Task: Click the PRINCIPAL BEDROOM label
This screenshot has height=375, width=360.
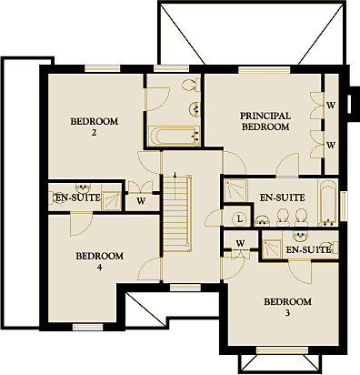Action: [x=265, y=121]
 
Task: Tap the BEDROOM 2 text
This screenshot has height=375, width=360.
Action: [x=95, y=127]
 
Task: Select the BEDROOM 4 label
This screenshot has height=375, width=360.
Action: [x=99, y=261]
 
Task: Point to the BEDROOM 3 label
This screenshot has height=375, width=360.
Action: [x=287, y=307]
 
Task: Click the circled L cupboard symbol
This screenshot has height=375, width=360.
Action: [x=240, y=218]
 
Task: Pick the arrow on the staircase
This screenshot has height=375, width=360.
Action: [x=175, y=187]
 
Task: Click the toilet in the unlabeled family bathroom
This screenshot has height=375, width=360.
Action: [x=192, y=85]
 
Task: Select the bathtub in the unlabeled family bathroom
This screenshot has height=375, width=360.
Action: [x=175, y=137]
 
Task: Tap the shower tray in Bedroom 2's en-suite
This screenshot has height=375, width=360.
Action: [x=112, y=201]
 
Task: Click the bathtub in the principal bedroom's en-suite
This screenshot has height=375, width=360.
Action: [x=327, y=203]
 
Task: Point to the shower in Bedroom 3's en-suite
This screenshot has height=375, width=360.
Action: [x=272, y=248]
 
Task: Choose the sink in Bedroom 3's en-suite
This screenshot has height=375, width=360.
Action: [x=300, y=235]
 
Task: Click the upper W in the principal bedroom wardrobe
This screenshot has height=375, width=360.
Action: [x=331, y=106]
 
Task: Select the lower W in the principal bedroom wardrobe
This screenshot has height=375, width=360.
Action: [x=331, y=146]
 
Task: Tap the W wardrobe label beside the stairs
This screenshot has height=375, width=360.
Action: [x=141, y=200]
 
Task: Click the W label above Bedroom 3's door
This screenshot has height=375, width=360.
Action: [x=240, y=243]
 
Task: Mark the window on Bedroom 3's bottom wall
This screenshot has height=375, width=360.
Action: [x=282, y=350]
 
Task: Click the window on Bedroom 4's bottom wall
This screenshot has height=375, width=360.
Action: [x=88, y=327]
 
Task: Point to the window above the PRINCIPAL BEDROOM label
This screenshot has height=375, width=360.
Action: [x=264, y=70]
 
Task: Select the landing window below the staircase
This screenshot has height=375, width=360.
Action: [x=185, y=288]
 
